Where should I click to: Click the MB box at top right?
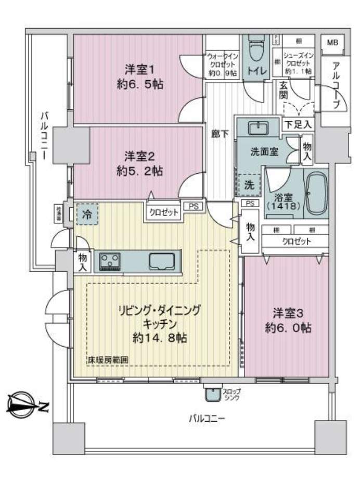pyautogui.click(x=331, y=42)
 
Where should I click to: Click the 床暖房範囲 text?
pyautogui.click(x=108, y=360)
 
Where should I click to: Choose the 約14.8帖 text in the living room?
pyautogui.click(x=160, y=338)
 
